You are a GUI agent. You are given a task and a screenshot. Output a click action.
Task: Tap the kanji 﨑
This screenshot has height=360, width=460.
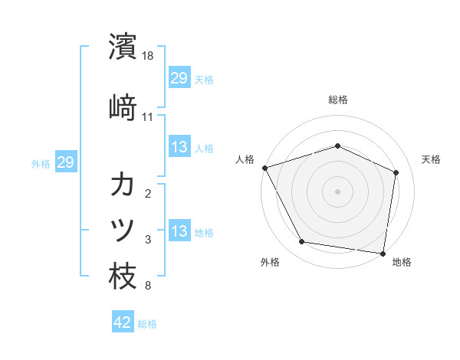tap(123, 106)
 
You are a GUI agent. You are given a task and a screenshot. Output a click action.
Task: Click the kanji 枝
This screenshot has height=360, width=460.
tap(123, 275)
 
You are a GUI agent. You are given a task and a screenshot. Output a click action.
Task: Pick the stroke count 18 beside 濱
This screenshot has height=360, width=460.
tap(148, 56)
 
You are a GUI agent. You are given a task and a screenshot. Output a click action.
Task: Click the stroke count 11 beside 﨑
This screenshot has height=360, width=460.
tap(148, 116)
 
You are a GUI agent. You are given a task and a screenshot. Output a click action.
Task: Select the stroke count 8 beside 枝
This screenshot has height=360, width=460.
tap(148, 286)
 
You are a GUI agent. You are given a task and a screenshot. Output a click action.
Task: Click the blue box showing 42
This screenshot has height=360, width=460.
tap(123, 322)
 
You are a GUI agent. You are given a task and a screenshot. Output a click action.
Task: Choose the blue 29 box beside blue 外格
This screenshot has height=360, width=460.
tap(66, 162)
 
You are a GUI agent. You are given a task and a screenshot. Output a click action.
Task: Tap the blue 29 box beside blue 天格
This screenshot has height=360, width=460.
tap(179, 78)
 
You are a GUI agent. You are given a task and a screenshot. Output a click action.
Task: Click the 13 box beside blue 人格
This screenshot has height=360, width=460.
tap(179, 147)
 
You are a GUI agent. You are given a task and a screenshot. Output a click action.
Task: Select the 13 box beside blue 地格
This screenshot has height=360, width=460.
tap(179, 231)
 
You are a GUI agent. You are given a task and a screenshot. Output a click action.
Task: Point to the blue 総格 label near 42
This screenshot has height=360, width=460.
tap(148, 324)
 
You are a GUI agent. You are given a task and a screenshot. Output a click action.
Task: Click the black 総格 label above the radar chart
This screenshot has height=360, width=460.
tap(338, 100)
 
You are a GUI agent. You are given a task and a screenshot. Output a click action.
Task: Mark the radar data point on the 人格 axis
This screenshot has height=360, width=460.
tap(264, 168)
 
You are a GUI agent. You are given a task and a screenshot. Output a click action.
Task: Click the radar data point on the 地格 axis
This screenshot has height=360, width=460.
tap(383, 253)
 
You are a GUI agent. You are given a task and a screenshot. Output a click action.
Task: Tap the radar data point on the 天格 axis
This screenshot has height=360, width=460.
tap(396, 172)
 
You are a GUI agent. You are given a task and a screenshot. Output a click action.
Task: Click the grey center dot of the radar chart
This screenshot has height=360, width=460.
tap(338, 191)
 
